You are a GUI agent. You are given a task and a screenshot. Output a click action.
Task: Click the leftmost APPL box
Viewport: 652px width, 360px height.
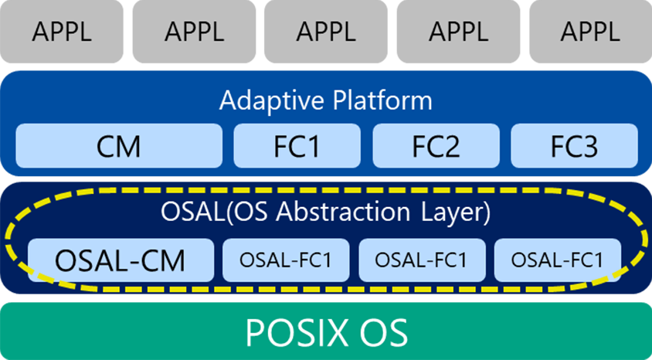[x=62, y=31]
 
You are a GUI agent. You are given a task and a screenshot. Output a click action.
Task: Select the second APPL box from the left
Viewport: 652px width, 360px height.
[x=194, y=31]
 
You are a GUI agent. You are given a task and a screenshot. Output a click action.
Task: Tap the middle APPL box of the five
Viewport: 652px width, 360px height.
[x=326, y=31]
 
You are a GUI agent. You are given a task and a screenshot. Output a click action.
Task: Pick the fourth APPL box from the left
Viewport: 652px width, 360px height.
[x=458, y=31]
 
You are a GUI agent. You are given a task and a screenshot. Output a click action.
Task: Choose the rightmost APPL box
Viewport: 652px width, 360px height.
[x=590, y=31]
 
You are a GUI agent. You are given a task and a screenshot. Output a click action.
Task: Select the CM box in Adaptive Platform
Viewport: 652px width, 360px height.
[x=119, y=146]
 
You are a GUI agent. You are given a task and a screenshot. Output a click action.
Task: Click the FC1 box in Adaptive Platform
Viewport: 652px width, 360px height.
[x=297, y=146]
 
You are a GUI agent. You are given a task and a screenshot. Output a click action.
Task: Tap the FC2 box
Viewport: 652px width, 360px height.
[x=436, y=146]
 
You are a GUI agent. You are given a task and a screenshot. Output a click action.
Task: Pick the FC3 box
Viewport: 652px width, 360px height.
[x=574, y=146]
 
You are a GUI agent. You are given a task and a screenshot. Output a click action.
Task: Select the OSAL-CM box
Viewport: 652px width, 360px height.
[x=121, y=260]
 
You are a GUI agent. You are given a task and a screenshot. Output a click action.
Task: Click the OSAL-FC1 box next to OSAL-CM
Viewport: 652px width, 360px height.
[x=286, y=260]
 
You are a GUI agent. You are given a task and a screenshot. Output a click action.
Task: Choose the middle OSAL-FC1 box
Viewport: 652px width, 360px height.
[x=422, y=260]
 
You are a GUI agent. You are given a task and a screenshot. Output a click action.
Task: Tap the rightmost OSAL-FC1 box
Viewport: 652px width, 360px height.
[x=558, y=260]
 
